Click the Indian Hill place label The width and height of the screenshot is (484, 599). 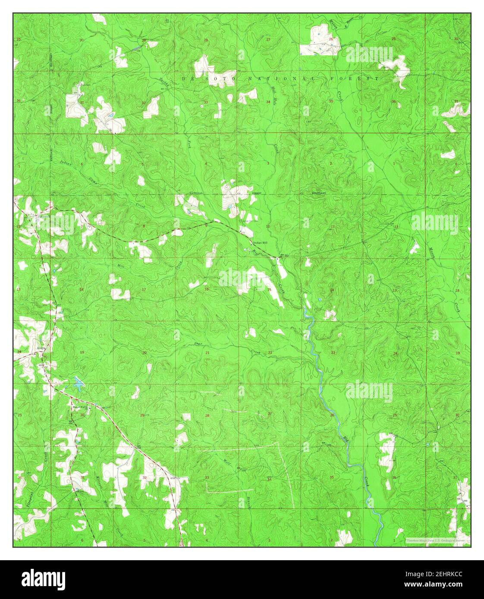[260, 242]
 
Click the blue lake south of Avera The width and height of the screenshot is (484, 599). [79, 383]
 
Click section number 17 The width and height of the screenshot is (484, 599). [144, 290]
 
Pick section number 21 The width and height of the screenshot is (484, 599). [207, 353]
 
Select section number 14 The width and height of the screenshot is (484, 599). [332, 290]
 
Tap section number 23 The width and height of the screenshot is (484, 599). [333, 353]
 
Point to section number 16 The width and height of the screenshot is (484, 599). [206, 289]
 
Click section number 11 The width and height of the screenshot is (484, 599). [333, 226]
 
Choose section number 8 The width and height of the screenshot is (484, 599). [144, 226]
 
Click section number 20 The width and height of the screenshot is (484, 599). [145, 353]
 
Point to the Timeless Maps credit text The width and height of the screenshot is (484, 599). [437, 540]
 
